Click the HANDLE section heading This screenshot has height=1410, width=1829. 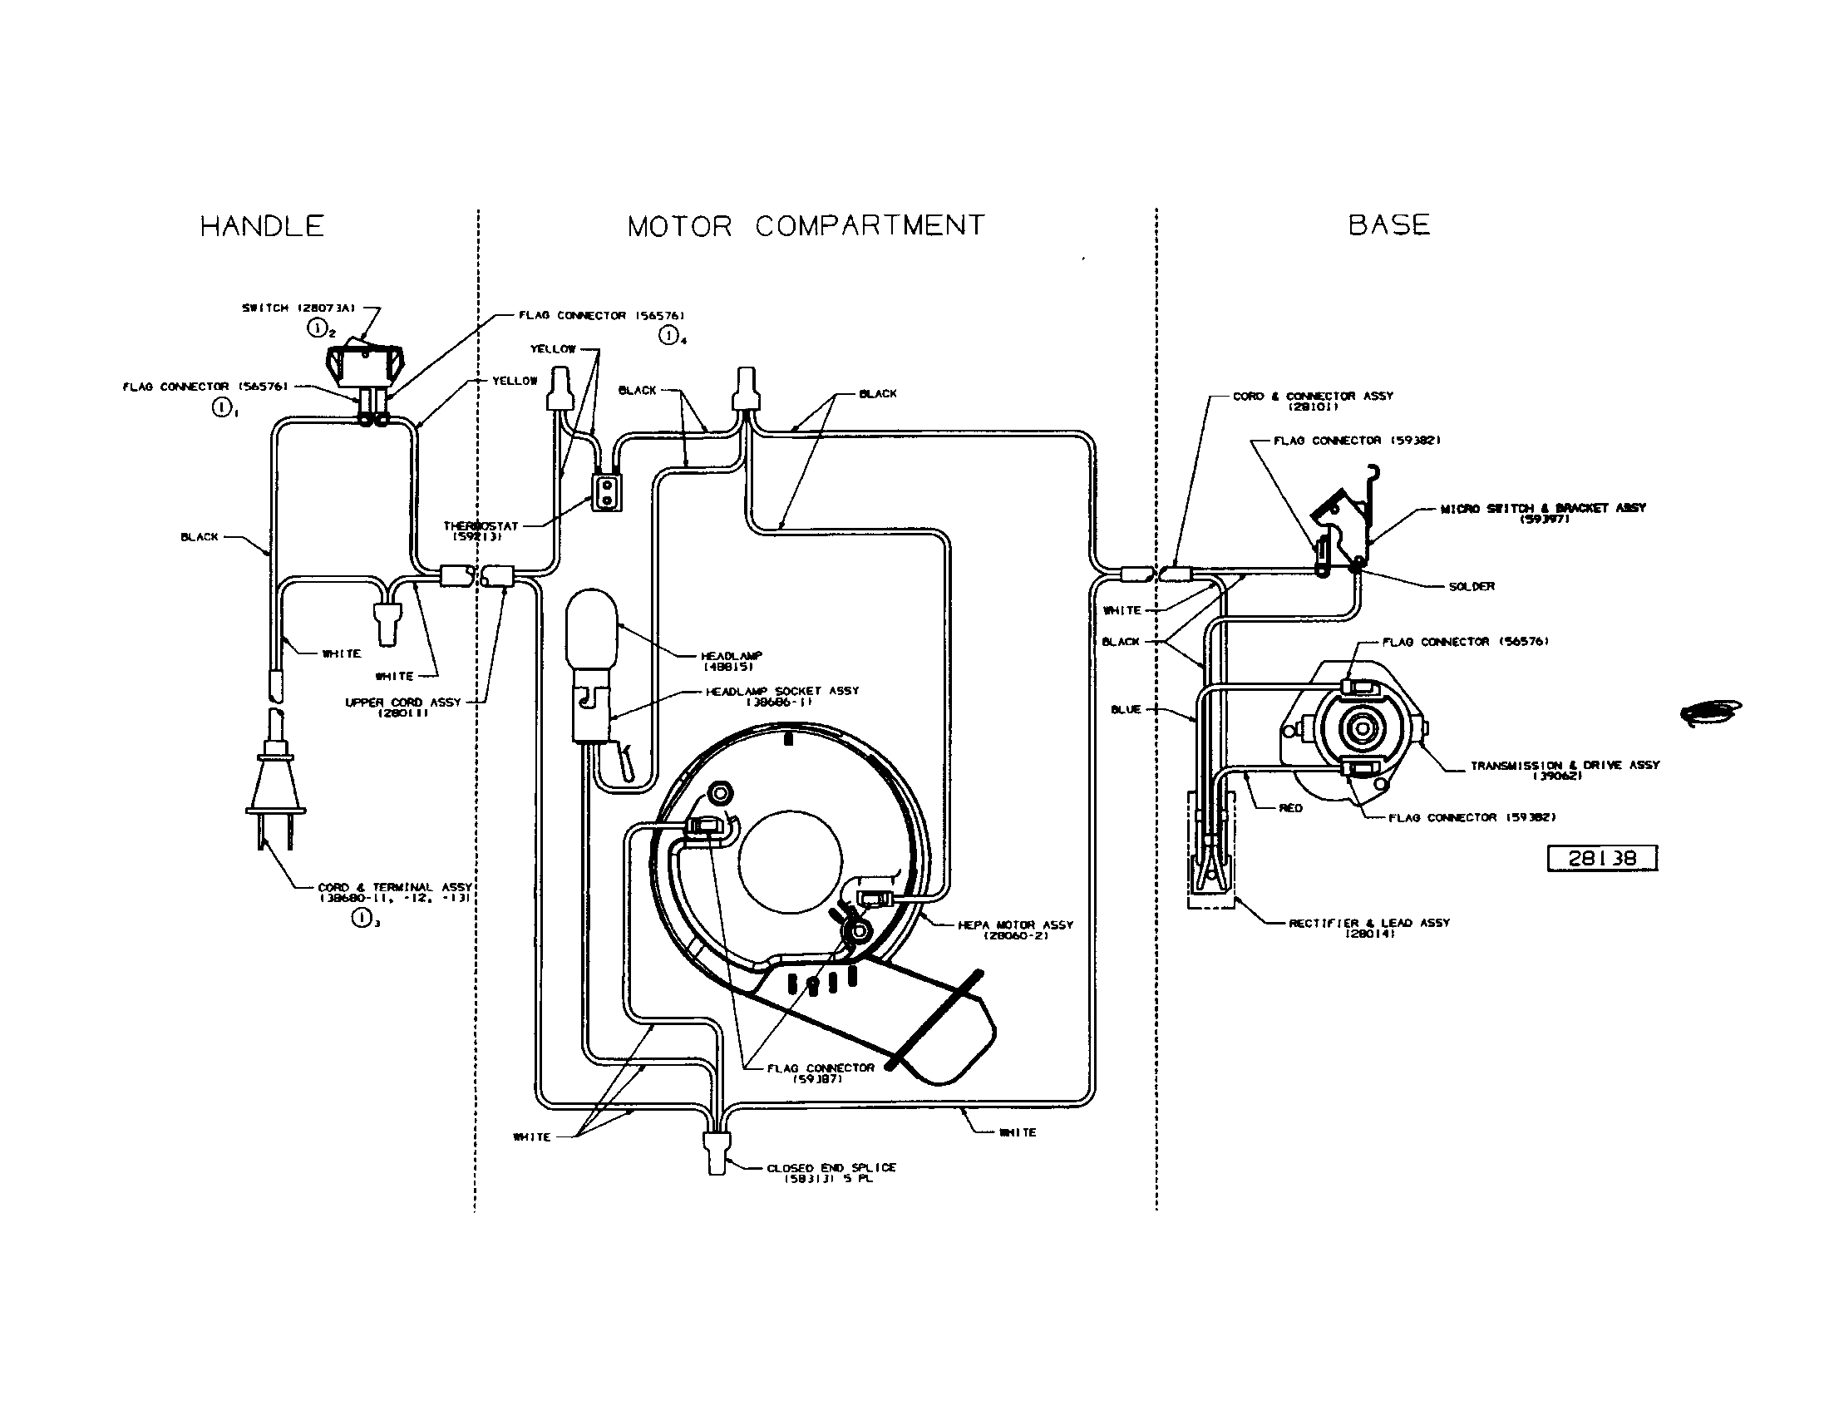coord(262,226)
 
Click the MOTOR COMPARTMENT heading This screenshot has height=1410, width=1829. coord(806,226)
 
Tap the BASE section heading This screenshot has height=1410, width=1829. coord(1388,224)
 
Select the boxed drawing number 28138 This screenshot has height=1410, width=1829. coord(1601,858)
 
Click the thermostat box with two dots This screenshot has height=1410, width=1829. coord(607,493)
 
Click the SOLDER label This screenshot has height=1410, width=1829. coord(1472,586)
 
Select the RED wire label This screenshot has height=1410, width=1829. coord(1290,808)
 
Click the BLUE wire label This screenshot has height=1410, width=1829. coord(1126,709)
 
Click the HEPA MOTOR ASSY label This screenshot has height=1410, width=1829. coord(1015,929)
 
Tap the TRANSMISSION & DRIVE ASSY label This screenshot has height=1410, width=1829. coord(1565,770)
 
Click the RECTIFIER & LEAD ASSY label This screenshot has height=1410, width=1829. coord(1368,927)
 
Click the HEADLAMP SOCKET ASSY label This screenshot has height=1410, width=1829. coord(781,696)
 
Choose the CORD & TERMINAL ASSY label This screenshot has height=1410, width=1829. coord(394,892)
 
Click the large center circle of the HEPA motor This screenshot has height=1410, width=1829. coord(790,861)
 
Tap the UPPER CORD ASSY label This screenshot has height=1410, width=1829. coord(403,707)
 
